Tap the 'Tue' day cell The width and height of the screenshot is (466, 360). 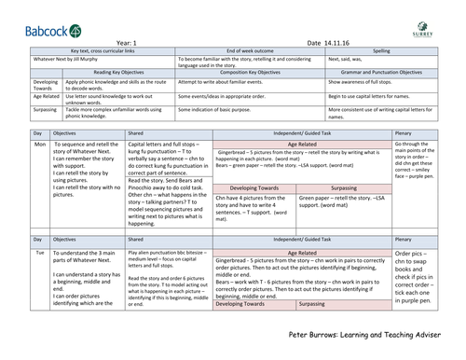click(14, 252)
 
